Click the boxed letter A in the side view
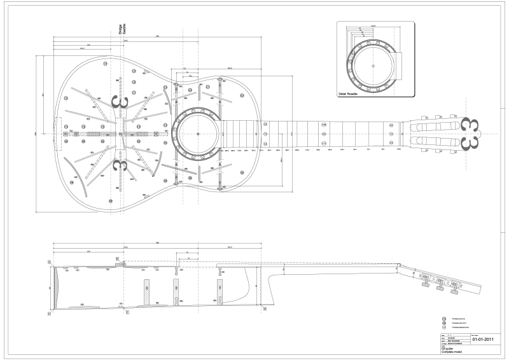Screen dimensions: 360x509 49,261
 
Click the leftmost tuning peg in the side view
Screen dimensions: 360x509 422,277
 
